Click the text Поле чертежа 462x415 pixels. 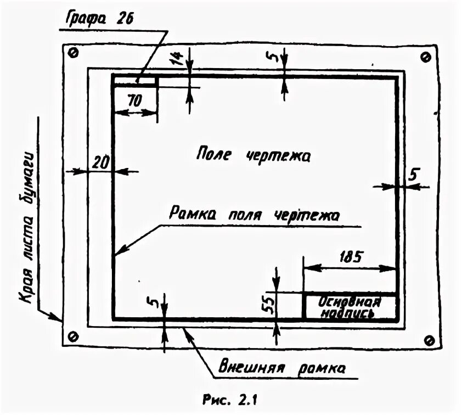point(253,156)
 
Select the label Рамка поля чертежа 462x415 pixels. point(254,214)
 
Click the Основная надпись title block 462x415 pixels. point(350,307)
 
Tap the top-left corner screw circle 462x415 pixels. point(74,53)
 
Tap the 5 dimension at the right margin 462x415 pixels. point(414,175)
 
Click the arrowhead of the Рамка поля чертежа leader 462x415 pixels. point(118,252)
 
